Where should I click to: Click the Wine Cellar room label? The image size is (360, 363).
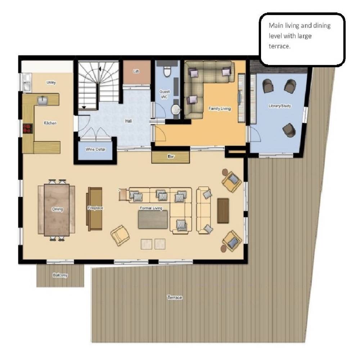tap(95, 149)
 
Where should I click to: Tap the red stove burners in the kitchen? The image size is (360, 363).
tap(28, 129)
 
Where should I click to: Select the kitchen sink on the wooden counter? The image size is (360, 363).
tap(42, 101)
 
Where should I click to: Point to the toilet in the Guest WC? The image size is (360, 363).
tap(167, 71)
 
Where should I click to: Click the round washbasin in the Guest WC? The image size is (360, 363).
tap(176, 109)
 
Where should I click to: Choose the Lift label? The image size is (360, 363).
tap(136, 72)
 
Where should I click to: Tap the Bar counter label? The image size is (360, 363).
tap(171, 156)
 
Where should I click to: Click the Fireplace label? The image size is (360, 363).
tap(95, 208)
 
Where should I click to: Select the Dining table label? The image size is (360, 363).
tap(57, 209)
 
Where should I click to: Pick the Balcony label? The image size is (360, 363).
tap(60, 275)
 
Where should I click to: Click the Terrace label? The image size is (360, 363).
tap(175, 297)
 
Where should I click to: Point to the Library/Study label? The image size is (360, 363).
tap(280, 106)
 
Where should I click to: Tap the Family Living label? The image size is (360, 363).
tap(219, 108)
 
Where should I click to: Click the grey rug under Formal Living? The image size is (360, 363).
tap(153, 219)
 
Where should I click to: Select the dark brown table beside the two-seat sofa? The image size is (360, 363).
tap(223, 211)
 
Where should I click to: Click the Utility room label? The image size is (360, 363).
tap(51, 82)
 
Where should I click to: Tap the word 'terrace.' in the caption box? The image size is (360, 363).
tap(279, 46)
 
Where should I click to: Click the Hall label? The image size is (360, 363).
tap(128, 121)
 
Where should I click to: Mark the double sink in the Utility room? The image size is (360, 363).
tap(27, 82)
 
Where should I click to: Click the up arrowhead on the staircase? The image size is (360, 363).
tap(100, 69)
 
